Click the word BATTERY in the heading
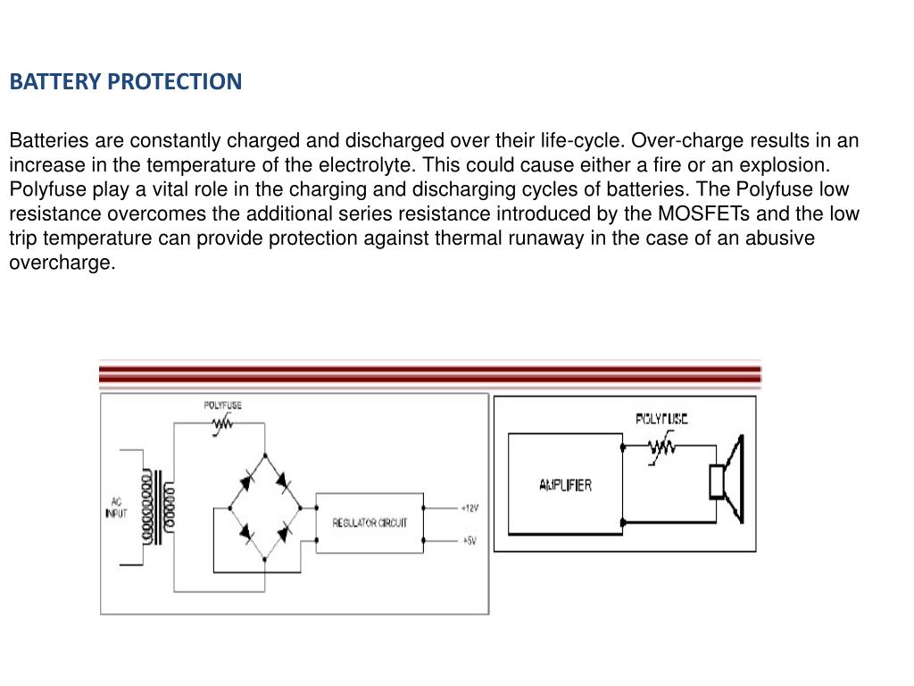tap(54, 82)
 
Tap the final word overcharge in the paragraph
tap(62, 263)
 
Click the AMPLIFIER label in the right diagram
tap(565, 485)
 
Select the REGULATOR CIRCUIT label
tap(370, 523)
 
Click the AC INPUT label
tap(116, 507)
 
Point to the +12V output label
tap(469, 508)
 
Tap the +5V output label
tap(469, 540)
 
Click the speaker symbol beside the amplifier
tap(727, 481)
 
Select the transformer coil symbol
tap(159, 508)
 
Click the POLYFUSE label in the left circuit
tap(222, 406)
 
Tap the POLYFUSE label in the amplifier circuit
tap(661, 418)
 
